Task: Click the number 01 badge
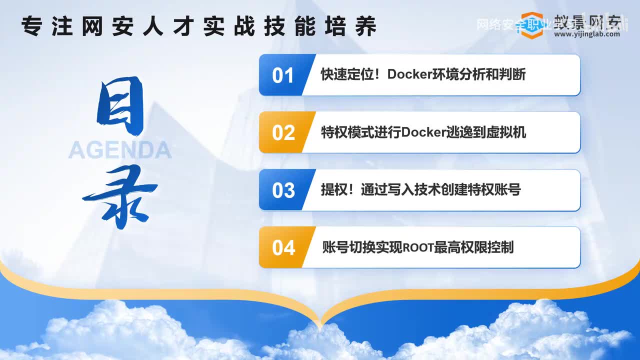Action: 282,75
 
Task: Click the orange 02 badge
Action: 283,132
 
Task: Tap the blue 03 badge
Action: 283,190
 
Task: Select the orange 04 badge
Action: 283,247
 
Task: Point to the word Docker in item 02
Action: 424,132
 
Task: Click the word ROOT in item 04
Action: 418,247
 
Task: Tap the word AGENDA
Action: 120,150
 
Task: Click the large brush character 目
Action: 120,106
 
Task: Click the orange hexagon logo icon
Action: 531,24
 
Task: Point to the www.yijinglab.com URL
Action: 586,34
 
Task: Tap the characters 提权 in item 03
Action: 333,190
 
